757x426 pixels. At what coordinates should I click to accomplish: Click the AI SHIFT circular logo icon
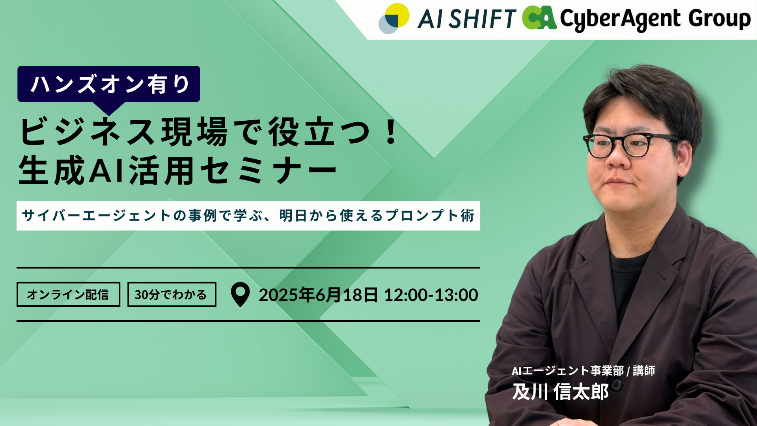click(394, 19)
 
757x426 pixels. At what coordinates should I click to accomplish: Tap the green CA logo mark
click(539, 18)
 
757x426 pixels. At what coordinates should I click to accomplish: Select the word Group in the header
click(720, 19)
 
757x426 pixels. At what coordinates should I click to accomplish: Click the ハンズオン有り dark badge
click(109, 84)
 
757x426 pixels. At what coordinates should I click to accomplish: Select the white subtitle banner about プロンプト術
click(248, 216)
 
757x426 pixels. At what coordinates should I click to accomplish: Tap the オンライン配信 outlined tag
click(68, 294)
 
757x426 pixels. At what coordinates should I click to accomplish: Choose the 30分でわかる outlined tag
click(172, 294)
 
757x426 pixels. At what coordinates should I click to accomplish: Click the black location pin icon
click(240, 294)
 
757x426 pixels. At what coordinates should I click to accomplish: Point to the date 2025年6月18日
click(318, 295)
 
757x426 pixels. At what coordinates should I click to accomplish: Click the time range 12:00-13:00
click(431, 295)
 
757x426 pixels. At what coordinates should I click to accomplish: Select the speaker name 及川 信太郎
click(560, 392)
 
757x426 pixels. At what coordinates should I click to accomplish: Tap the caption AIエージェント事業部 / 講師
click(583, 371)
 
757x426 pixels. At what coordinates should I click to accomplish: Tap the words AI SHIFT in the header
click(467, 19)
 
